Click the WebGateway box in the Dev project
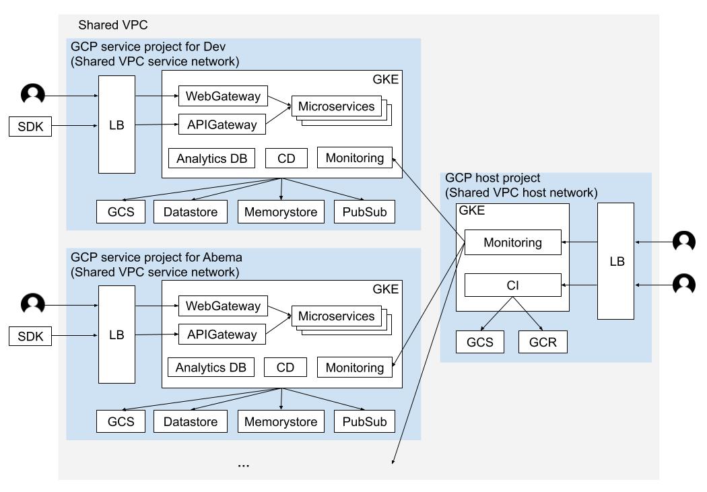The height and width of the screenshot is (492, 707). [222, 96]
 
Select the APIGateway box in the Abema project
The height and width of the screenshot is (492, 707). [222, 335]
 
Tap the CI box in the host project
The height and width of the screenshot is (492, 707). [512, 285]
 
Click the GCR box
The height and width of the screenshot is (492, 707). [542, 342]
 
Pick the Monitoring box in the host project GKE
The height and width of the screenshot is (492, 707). [512, 242]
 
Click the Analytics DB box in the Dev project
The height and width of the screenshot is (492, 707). [211, 158]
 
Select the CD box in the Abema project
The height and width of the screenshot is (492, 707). [285, 367]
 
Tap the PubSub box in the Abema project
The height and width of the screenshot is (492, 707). [364, 422]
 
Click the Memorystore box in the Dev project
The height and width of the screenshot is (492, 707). [280, 213]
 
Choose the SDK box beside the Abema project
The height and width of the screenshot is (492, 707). [30, 337]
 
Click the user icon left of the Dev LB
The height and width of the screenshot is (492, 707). [33, 95]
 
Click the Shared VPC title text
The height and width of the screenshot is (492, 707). [112, 26]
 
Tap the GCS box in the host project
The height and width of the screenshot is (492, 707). [479, 342]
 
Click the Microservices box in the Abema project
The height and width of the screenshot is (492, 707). [336, 316]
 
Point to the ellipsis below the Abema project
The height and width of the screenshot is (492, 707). [244, 464]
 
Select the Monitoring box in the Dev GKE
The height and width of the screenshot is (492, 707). [354, 158]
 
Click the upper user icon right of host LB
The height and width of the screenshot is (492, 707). [684, 242]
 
